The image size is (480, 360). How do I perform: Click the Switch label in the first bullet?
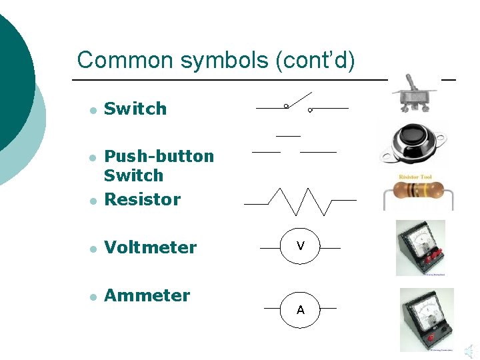(x=135, y=109)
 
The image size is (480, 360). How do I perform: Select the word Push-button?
(x=159, y=156)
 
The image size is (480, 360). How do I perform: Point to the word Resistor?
(x=143, y=199)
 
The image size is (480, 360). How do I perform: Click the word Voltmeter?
(x=151, y=247)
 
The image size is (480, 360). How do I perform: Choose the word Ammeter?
(x=147, y=295)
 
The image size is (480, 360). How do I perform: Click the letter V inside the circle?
(x=301, y=247)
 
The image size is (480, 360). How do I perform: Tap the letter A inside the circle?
(x=301, y=310)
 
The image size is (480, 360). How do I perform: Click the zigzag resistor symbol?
(x=300, y=201)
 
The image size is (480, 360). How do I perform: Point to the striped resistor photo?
(x=417, y=192)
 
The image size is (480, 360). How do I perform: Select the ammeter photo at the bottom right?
(x=426, y=319)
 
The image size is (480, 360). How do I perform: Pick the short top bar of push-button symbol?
(x=288, y=136)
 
